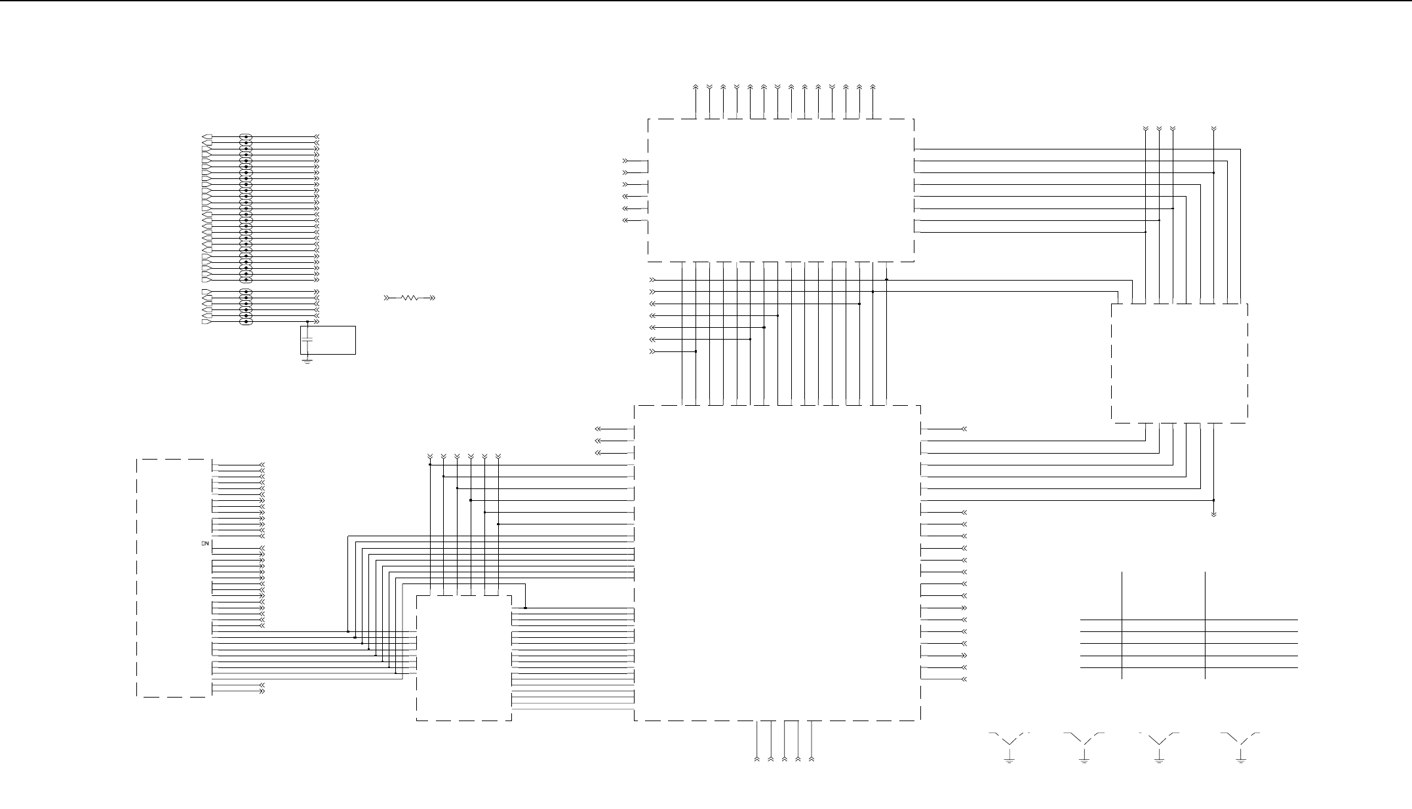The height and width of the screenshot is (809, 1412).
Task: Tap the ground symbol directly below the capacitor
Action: [x=307, y=360]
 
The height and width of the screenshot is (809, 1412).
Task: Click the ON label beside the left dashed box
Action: [x=205, y=543]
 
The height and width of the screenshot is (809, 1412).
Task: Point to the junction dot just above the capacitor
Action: [x=307, y=322]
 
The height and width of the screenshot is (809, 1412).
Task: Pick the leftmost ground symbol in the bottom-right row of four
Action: [x=1010, y=760]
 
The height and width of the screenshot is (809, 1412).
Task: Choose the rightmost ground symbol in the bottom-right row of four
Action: [x=1241, y=760]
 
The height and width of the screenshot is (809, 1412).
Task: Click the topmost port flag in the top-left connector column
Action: [x=206, y=137]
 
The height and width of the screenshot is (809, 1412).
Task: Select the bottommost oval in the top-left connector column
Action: [x=246, y=322]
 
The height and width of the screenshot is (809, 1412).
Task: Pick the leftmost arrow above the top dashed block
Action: [x=696, y=87]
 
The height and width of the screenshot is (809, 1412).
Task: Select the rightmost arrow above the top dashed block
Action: [x=873, y=87]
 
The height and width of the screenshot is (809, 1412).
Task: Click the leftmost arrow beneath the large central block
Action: [x=757, y=759]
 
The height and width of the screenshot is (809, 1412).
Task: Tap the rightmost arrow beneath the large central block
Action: [x=812, y=759]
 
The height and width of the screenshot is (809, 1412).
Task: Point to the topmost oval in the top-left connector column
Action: [x=246, y=137]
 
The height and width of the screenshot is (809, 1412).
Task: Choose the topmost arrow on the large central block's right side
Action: [x=964, y=429]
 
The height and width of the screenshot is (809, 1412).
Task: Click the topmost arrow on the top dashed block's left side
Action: [x=625, y=161]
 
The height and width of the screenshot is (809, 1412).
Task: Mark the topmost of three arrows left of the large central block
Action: [x=598, y=429]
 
